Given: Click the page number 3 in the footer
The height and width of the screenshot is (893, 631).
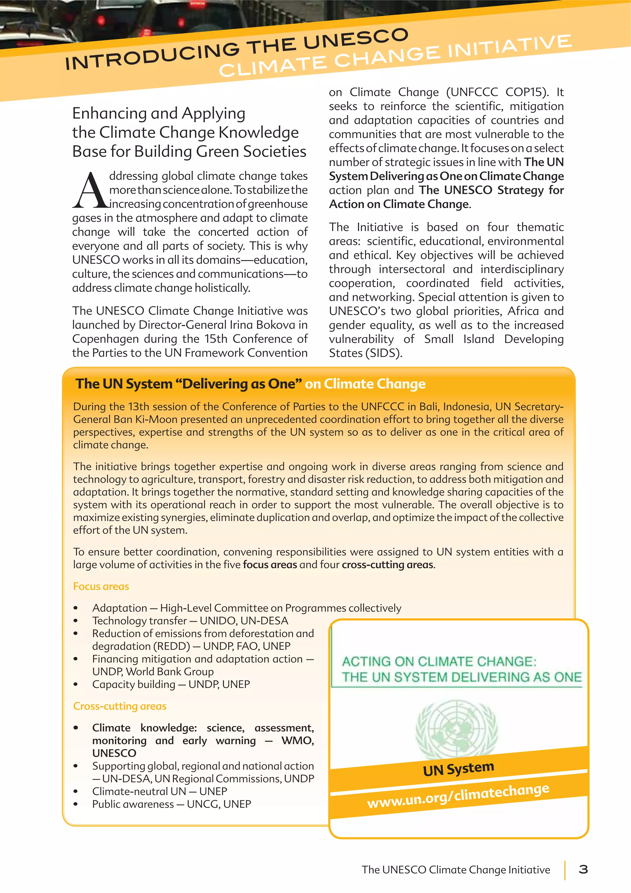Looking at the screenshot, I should [x=583, y=869].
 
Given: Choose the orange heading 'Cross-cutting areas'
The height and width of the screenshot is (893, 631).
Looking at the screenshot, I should [x=120, y=706].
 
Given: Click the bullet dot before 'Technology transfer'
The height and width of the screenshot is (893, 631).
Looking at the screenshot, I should [x=76, y=621].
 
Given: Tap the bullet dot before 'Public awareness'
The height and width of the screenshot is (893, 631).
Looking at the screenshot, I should [x=76, y=804].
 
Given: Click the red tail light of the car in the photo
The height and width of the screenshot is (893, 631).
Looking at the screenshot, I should [x=101, y=20].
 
